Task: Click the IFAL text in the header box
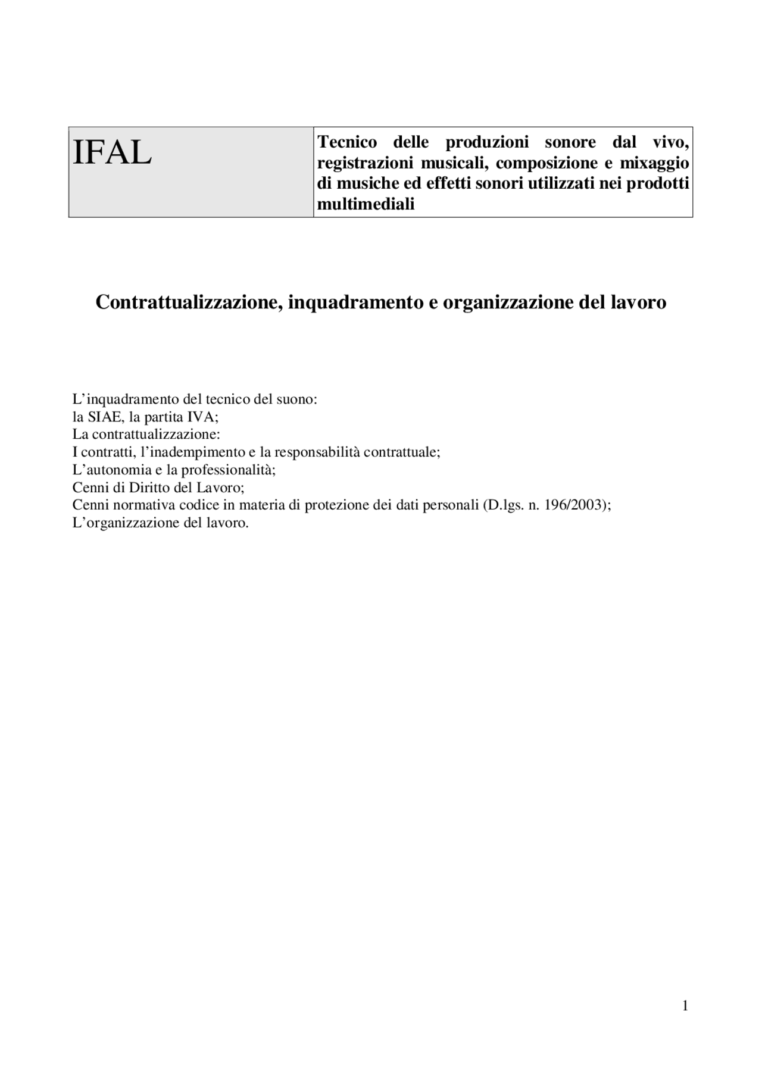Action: [112, 153]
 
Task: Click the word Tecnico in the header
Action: [347, 142]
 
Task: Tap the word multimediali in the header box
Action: [366, 204]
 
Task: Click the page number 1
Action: [685, 1006]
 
